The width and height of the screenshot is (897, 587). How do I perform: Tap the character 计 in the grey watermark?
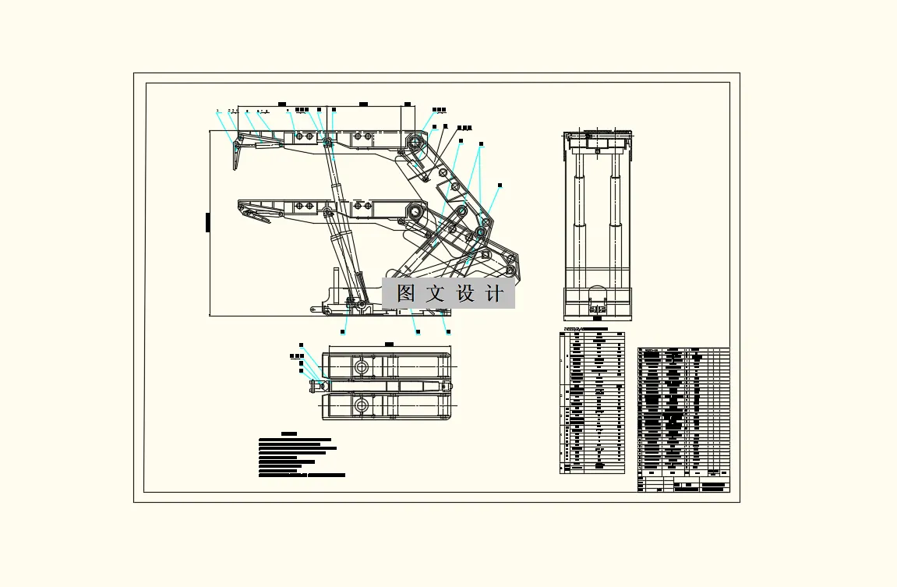[x=494, y=294]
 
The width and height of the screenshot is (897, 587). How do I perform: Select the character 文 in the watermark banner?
[x=435, y=294]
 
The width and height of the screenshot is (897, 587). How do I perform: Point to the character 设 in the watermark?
[x=465, y=294]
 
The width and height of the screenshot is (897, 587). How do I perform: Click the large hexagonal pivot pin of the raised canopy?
[x=414, y=143]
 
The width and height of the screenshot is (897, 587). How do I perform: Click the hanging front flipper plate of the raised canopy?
[x=235, y=155]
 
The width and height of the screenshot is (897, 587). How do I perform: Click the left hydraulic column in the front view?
[x=579, y=210]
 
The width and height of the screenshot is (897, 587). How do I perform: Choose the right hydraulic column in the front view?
[x=615, y=210]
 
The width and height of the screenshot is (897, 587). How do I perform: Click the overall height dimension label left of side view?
[x=208, y=222]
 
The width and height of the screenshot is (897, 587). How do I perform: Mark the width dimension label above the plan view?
[x=390, y=343]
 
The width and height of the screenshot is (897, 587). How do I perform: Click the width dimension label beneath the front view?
[x=598, y=318]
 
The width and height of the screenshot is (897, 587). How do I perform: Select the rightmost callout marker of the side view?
[x=500, y=186]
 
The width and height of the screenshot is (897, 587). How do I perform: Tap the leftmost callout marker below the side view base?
[x=344, y=332]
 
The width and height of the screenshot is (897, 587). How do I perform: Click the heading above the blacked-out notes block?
[x=289, y=433]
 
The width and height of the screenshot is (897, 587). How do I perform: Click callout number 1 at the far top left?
[x=217, y=111]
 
